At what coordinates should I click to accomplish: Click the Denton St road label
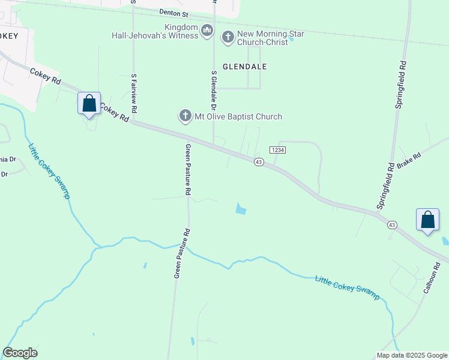174,12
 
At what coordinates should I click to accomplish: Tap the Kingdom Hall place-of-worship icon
207,30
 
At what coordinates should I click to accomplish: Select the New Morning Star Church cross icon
228,37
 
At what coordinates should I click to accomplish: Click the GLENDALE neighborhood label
245,67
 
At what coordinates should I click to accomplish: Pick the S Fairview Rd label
134,93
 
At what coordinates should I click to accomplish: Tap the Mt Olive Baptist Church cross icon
185,116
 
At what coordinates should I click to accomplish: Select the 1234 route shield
277,150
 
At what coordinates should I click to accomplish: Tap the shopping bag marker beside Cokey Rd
89,103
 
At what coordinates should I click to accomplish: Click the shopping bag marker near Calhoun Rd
427,220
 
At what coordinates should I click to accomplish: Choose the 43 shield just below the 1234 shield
259,162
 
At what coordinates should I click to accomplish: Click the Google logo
20,353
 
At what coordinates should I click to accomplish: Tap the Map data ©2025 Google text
412,355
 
